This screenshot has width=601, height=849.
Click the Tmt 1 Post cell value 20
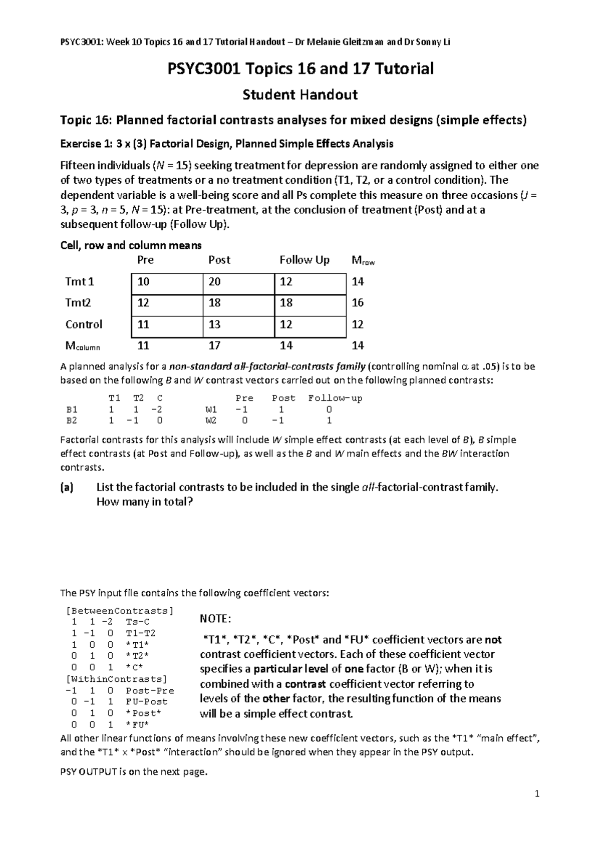(214, 282)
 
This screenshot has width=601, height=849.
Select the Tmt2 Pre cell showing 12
(143, 303)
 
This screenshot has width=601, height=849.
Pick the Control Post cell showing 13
(214, 324)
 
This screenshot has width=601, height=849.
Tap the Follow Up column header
(305, 260)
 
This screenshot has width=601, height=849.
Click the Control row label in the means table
(84, 324)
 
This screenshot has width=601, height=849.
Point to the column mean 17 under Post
(214, 345)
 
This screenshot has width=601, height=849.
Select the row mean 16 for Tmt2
(358, 303)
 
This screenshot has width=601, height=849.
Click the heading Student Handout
(300, 95)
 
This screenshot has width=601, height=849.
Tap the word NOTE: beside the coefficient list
(215, 619)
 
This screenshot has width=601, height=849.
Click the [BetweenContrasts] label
(119, 611)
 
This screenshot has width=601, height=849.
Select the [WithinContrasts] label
(116, 679)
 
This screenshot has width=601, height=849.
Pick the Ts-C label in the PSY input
(138, 622)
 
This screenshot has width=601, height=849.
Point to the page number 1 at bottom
(537, 793)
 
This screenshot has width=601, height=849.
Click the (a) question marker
(67, 488)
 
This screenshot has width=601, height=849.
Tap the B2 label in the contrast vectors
(72, 420)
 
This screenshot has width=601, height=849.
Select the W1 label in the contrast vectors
(211, 409)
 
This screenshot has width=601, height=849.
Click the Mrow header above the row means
(363, 260)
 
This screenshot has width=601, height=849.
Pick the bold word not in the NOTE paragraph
(493, 640)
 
